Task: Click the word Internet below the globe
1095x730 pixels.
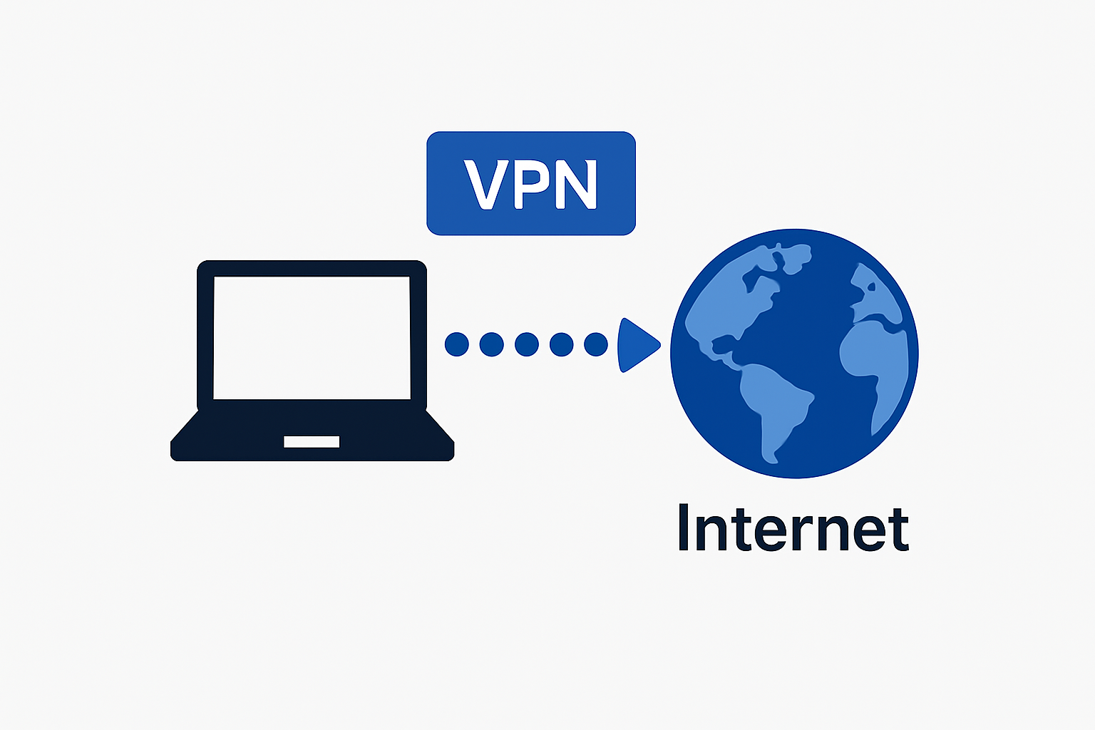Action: (793, 528)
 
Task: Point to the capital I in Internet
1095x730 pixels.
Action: (684, 528)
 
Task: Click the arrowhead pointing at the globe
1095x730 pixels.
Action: (637, 345)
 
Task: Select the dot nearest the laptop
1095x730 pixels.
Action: (457, 344)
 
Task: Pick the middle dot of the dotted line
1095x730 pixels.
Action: (527, 344)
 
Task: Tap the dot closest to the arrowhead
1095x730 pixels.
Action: (596, 344)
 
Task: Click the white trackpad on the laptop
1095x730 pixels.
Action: (312, 442)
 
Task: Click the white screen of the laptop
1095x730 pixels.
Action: (312, 337)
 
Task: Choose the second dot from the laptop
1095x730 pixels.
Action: (492, 344)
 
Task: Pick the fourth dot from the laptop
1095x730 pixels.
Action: (562, 344)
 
